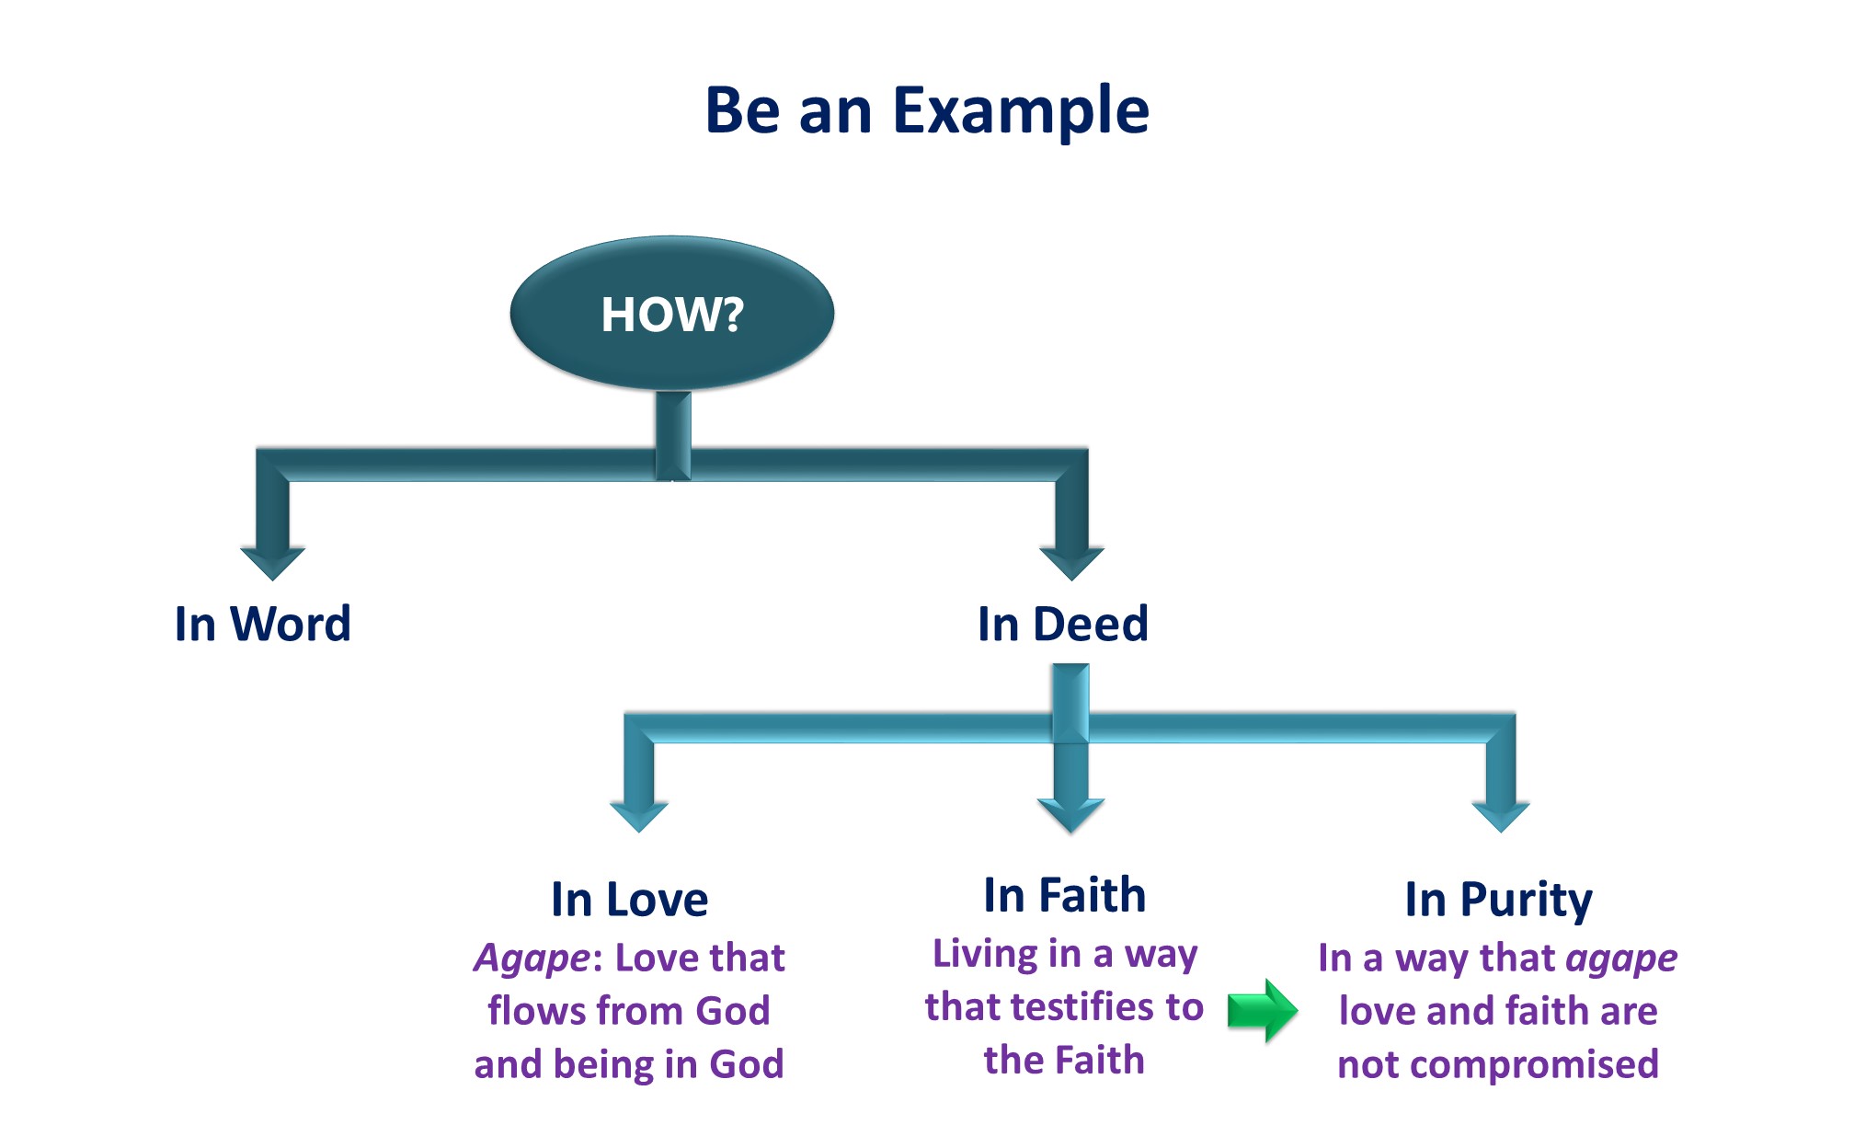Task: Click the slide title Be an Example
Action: coord(926,110)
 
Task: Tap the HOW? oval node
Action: coord(672,314)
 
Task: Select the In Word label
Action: coord(263,624)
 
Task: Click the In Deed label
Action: coord(1063,624)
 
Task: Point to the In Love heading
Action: coord(630,899)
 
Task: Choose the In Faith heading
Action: coord(1065,895)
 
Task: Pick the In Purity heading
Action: coord(1499,899)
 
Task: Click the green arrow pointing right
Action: coord(1263,1010)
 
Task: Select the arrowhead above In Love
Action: coord(639,815)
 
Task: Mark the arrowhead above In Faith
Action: coord(1070,815)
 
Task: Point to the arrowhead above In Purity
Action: coord(1501,815)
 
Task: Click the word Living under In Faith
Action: coord(977,954)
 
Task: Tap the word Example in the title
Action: coord(1021,110)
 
